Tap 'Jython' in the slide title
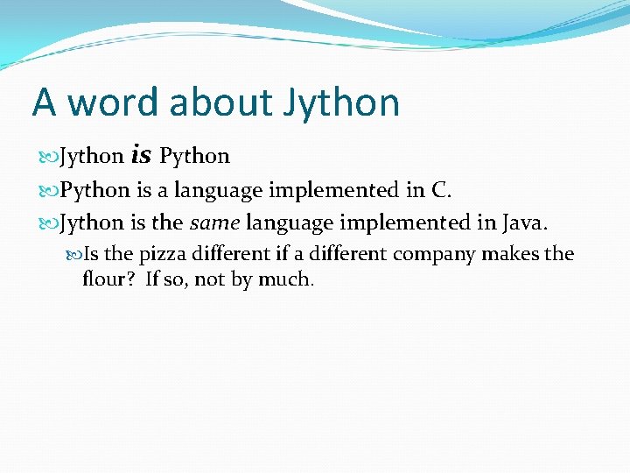(341, 102)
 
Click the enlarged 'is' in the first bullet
(141, 156)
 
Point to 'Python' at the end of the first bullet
(194, 157)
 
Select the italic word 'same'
(214, 223)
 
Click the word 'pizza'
(162, 254)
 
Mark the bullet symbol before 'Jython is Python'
(49, 157)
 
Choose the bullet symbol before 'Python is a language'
(49, 190)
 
